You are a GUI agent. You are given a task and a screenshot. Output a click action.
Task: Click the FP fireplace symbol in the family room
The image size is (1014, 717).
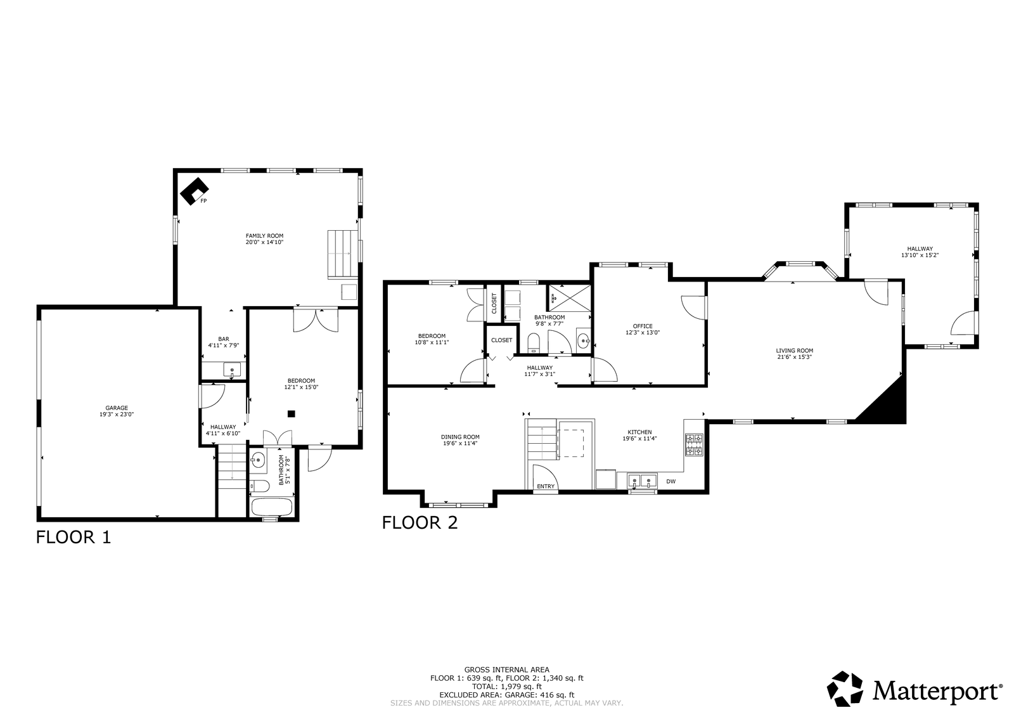tap(195, 191)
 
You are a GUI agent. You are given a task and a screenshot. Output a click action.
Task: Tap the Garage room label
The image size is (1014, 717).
tap(117, 408)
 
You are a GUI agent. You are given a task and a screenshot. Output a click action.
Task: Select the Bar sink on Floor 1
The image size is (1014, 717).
tap(232, 370)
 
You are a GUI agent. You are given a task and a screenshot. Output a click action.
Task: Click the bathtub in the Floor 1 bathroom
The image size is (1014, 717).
tap(272, 507)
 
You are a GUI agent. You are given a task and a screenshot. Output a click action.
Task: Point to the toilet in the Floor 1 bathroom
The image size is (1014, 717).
tap(259, 486)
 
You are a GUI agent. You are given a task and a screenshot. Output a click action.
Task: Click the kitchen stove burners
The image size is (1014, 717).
tap(694, 444)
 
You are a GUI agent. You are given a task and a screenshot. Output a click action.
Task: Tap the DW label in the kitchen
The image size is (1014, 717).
tap(671, 481)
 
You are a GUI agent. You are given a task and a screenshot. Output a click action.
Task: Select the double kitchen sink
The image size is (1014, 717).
tap(642, 480)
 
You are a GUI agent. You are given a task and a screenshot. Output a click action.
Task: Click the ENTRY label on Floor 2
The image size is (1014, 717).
tap(546, 486)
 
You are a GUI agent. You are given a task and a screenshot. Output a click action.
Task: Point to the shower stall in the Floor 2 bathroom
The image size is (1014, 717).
tap(570, 297)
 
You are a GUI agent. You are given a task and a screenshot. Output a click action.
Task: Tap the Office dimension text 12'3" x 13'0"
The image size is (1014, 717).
tap(643, 332)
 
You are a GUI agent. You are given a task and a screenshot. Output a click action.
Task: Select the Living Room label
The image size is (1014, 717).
tap(795, 351)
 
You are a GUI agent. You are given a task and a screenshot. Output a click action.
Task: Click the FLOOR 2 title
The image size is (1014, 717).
tap(420, 522)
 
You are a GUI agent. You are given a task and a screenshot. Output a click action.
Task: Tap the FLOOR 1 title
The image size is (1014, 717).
tap(74, 537)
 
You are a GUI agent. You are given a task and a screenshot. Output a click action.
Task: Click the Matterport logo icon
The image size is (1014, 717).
tap(845, 688)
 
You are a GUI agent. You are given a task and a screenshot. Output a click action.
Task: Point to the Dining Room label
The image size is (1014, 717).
tap(460, 437)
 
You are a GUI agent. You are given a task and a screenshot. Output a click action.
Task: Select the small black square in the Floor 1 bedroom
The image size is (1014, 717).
tap(292, 413)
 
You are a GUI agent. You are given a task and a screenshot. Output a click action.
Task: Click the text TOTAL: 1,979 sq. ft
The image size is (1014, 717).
tap(506, 686)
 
